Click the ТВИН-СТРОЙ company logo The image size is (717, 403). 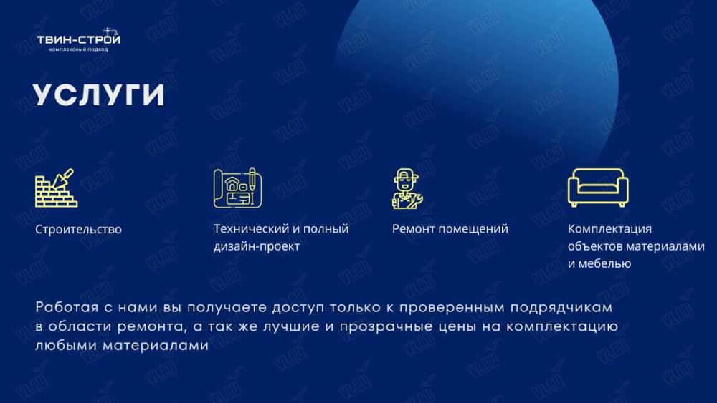[79, 39]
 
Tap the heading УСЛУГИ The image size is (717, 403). [99, 95]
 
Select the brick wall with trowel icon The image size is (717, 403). [56, 188]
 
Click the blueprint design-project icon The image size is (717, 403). [237, 188]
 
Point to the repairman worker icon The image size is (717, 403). [407, 188]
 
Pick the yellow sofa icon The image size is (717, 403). [598, 187]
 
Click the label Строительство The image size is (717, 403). [78, 230]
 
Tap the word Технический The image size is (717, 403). [252, 228]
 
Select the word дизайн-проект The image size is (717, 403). [257, 246]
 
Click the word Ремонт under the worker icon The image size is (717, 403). [411, 228]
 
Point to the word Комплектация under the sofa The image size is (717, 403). [609, 229]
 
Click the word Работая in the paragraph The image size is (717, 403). [67, 307]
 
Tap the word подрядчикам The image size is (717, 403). [561, 308]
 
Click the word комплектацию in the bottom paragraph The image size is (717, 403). [562, 327]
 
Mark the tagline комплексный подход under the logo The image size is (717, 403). [78, 49]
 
